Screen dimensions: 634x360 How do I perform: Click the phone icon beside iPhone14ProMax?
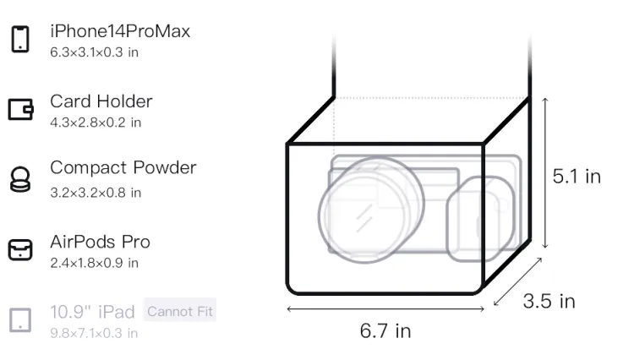20,39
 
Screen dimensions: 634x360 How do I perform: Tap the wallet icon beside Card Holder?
20,109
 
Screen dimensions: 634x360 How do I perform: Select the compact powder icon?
20,179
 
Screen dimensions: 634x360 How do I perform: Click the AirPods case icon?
20,249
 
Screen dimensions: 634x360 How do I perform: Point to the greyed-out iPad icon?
20,320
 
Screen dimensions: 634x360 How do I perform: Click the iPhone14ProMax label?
120,31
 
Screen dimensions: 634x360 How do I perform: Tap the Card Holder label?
101,101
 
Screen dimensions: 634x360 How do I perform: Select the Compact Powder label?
123,167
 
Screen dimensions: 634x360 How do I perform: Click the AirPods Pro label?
101,242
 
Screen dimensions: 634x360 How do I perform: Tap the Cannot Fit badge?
180,311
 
